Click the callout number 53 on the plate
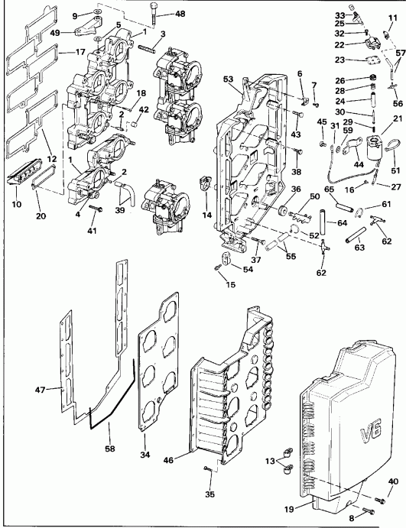(227, 78)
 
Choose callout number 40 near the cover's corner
(394, 481)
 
